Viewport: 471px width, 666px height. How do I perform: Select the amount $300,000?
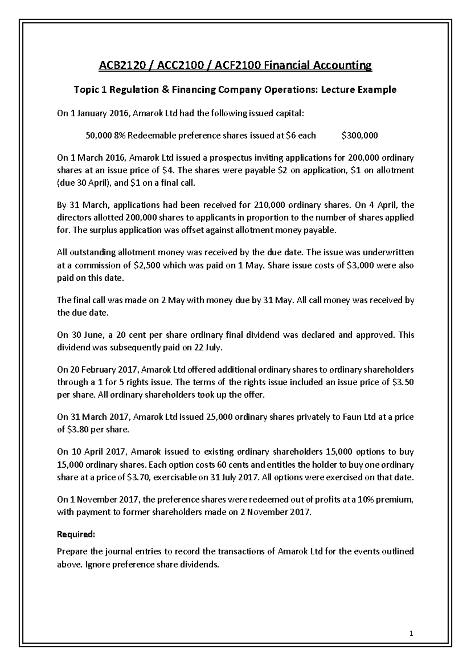[x=360, y=136]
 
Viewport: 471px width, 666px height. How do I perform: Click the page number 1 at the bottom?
[x=411, y=633]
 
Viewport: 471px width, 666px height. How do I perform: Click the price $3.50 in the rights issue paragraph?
[x=403, y=382]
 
